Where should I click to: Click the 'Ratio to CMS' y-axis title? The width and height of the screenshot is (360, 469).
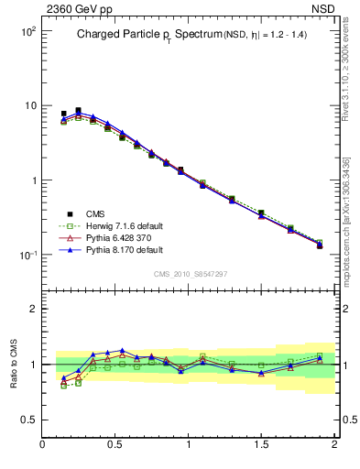pyautogui.click(x=14, y=365)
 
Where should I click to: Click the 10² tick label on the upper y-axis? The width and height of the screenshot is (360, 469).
pyautogui.click(x=27, y=31)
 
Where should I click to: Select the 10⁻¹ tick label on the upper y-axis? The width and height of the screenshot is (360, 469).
pyautogui.click(x=27, y=256)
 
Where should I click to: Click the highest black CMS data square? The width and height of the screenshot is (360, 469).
pyautogui.click(x=78, y=111)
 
